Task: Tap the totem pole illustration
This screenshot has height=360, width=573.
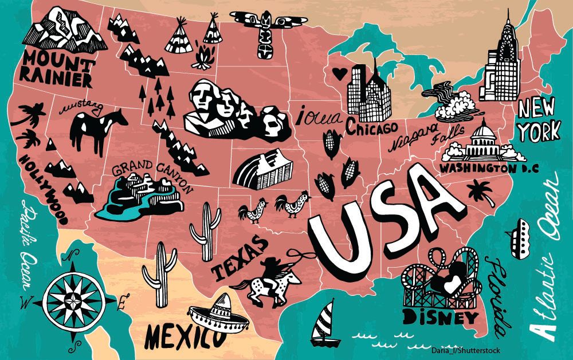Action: tap(265, 34)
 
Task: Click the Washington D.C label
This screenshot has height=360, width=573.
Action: tap(476, 168)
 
